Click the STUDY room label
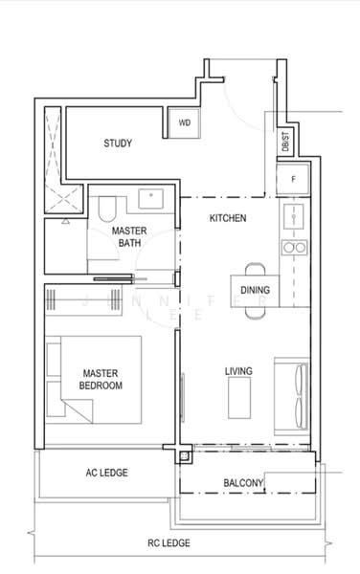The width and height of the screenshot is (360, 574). (117, 143)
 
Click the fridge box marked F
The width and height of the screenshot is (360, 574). (293, 179)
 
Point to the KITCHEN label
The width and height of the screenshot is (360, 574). (228, 218)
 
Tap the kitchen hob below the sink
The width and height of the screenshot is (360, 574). (293, 248)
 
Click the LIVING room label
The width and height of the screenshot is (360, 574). (238, 370)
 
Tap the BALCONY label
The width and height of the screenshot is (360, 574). (243, 483)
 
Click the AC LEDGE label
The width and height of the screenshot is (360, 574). (106, 473)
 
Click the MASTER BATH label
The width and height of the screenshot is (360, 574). (127, 237)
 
